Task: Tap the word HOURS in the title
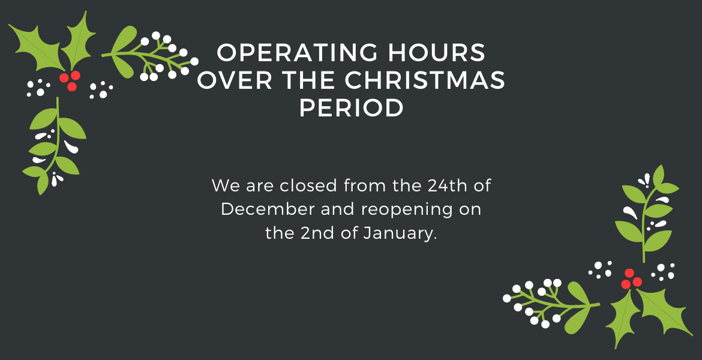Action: (x=437, y=52)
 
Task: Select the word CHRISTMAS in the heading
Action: (x=425, y=80)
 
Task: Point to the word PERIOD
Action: (x=352, y=108)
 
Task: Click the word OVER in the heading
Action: (x=235, y=80)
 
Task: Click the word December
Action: (x=268, y=209)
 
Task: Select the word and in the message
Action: (x=338, y=209)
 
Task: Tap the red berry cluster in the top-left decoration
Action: (x=70, y=80)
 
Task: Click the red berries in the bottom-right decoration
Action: (x=631, y=278)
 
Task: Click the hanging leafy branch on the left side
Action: (x=54, y=146)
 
